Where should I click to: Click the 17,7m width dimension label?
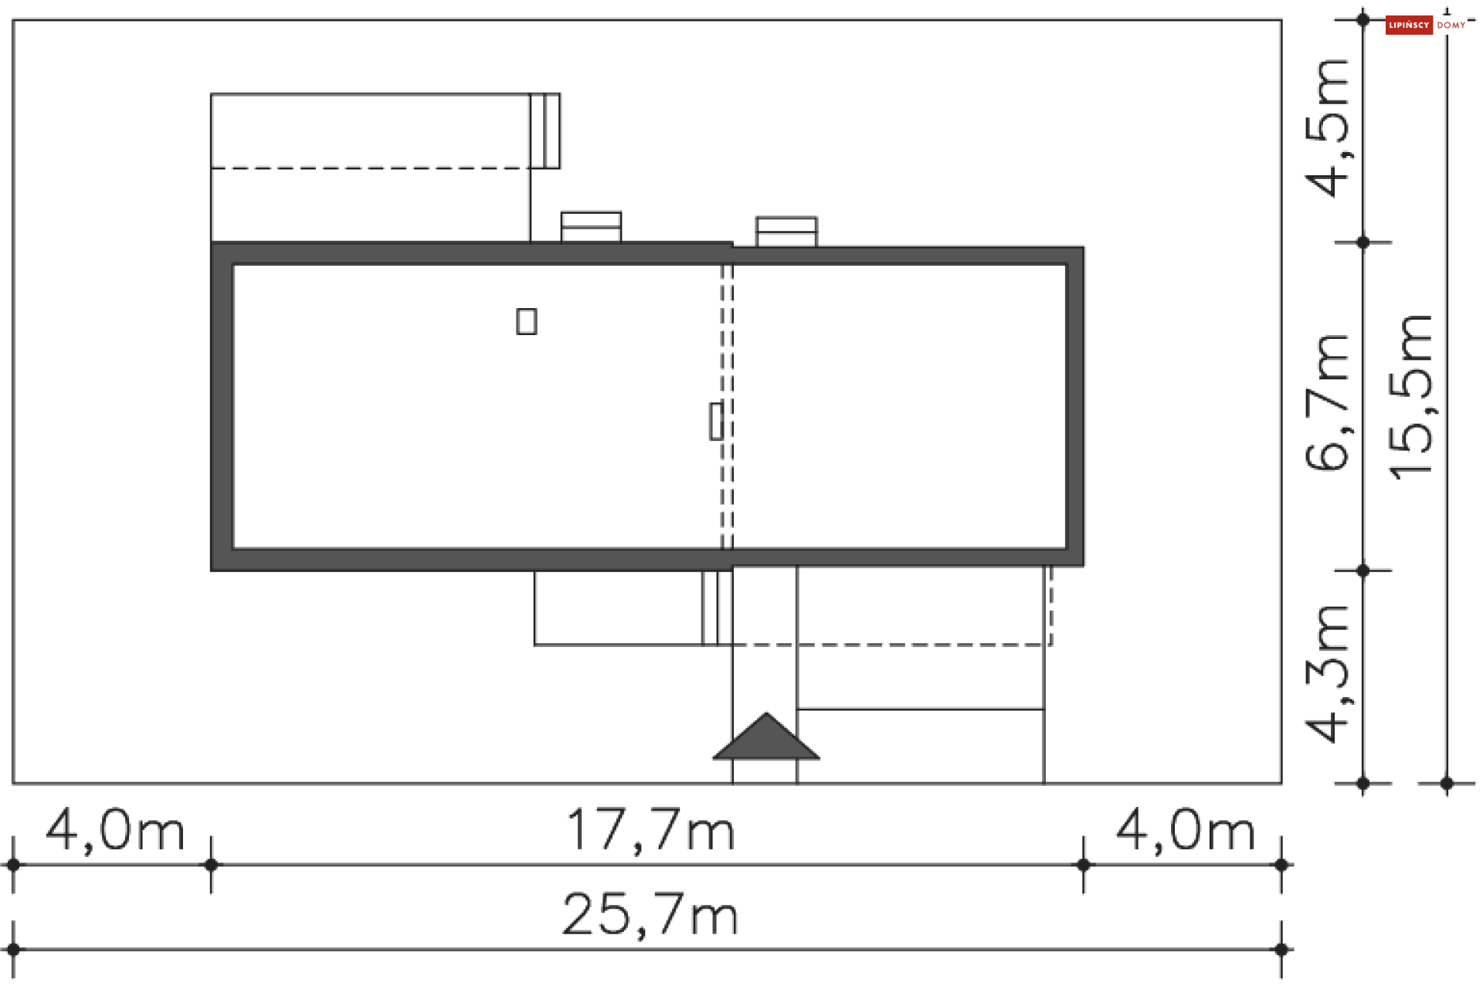(x=650, y=831)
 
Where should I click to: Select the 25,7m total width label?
(x=650, y=915)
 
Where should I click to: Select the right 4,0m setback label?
(x=1186, y=831)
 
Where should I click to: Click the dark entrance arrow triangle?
(x=765, y=739)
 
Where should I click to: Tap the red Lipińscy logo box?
(x=1409, y=25)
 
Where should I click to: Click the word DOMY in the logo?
(x=1451, y=25)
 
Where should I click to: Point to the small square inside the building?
(x=527, y=321)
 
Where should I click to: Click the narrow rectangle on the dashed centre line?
(x=716, y=421)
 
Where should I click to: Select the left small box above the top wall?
(x=591, y=227)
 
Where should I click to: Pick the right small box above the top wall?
(x=786, y=232)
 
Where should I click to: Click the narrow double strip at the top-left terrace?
(x=545, y=130)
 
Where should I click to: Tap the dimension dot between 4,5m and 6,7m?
(x=1363, y=242)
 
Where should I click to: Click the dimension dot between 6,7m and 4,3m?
(x=1363, y=571)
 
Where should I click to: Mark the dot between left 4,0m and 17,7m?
(x=211, y=865)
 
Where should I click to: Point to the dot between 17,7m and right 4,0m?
(x=1084, y=865)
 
